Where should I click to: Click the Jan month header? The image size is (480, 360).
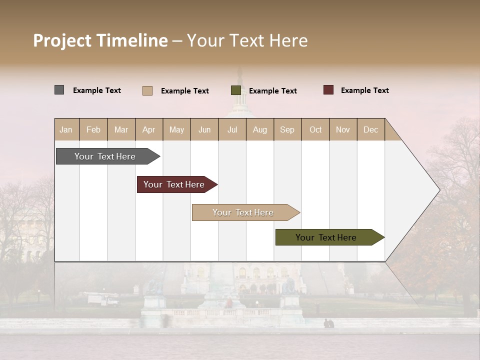tap(66, 129)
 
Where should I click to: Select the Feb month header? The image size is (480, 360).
tap(93, 129)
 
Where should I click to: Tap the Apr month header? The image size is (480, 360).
tap(149, 129)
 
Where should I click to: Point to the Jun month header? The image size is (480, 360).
tap(204, 129)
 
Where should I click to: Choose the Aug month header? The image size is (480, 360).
tap(260, 129)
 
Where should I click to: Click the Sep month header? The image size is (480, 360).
tap(287, 129)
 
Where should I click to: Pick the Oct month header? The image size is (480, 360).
tap(315, 129)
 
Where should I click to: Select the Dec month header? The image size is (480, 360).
tap(371, 129)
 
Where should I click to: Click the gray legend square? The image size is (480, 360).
tap(59, 90)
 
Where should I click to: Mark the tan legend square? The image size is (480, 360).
tap(147, 90)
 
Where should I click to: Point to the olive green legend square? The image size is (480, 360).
tap(236, 90)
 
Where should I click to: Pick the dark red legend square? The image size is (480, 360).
tap(328, 90)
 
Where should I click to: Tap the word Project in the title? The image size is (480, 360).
tap(62, 40)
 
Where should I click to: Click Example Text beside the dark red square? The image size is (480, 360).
tap(365, 90)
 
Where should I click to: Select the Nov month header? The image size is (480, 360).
tap(343, 129)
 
